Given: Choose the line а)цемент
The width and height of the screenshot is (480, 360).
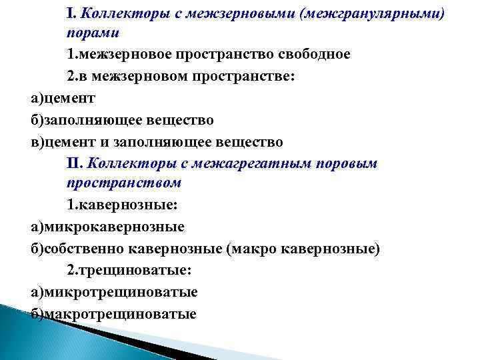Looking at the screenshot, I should coord(63,98).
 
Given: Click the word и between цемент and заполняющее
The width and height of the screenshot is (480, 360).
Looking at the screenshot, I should coord(105,142).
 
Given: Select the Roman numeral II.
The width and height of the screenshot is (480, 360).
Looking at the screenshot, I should coord(74,162).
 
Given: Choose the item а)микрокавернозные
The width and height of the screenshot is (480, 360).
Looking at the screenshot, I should coord(107,227).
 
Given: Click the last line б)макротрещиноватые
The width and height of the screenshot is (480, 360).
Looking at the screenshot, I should coord(113,313).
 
